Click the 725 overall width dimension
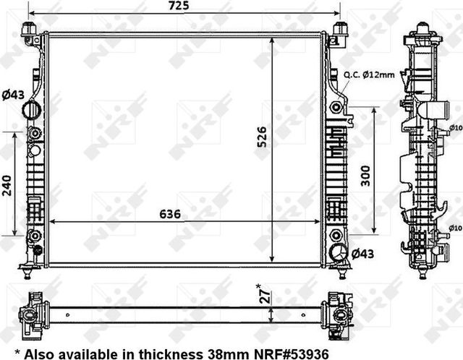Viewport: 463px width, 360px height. point(180,6)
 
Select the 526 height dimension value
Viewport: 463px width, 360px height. point(263,136)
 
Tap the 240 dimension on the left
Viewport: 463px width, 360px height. point(7,187)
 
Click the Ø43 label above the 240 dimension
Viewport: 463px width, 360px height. point(12,95)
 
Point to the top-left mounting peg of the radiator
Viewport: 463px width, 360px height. point(29,30)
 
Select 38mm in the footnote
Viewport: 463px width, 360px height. point(221,353)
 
